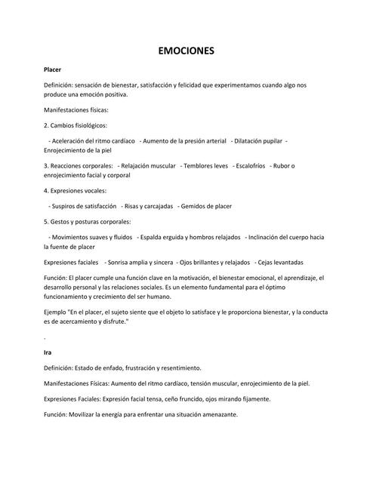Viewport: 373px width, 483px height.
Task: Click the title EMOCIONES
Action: [186, 51]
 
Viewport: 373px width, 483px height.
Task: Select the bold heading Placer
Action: [54, 69]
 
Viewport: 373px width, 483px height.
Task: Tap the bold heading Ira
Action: [48, 352]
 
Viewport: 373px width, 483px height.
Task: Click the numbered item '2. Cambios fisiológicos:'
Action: [76, 125]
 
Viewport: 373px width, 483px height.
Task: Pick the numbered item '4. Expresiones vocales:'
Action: [76, 190]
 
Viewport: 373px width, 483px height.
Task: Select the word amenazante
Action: [216, 415]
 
